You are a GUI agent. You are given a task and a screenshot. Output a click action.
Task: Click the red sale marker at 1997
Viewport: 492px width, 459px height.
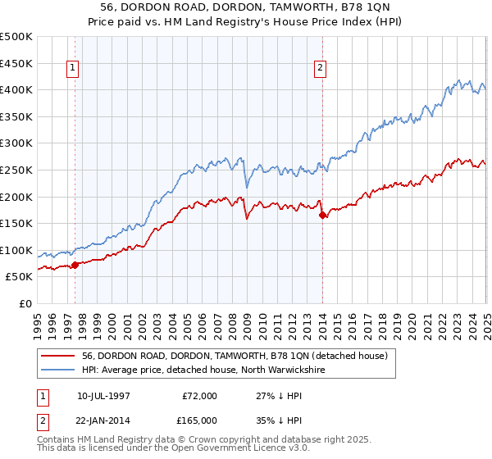pyautogui.click(x=75, y=265)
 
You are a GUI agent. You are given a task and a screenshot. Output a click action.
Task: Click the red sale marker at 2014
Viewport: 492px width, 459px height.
pyautogui.click(x=322, y=215)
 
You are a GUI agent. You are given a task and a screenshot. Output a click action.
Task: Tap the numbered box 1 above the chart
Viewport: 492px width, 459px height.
pyautogui.click(x=74, y=69)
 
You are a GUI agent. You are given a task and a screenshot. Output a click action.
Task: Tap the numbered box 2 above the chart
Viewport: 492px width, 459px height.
pyautogui.click(x=320, y=69)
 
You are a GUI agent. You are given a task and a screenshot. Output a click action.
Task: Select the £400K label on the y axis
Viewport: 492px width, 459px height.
pyautogui.click(x=17, y=89)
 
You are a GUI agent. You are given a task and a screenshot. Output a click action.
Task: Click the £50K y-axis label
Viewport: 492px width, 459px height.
pyautogui.click(x=20, y=277)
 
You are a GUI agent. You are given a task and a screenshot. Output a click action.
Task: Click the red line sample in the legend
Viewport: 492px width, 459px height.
pyautogui.click(x=59, y=356)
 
